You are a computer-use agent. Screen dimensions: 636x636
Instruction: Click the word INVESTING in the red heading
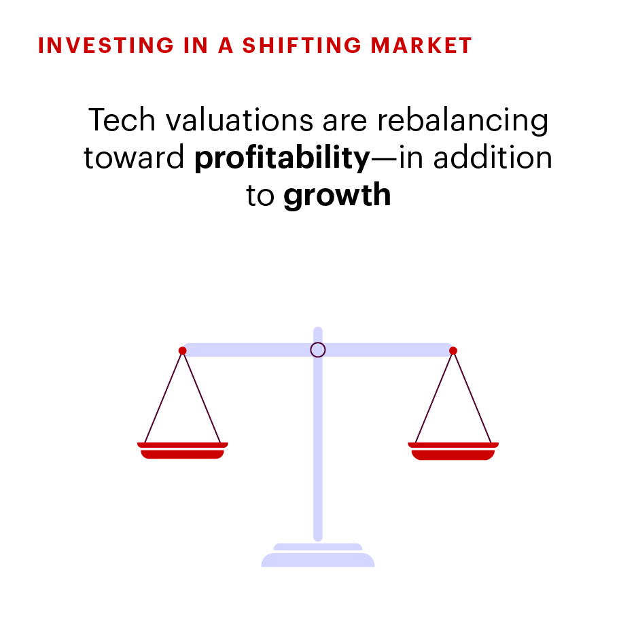pyautogui.click(x=106, y=46)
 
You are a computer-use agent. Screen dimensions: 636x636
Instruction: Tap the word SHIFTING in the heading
pyautogui.click(x=302, y=46)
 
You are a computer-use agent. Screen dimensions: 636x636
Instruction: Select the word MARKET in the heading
pyautogui.click(x=421, y=46)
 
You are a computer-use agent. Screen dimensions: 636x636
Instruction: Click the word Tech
pyautogui.click(x=122, y=120)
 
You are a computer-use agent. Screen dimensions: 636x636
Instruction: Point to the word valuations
pyautogui.click(x=239, y=120)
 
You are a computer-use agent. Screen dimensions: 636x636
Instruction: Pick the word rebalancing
pyautogui.click(x=463, y=120)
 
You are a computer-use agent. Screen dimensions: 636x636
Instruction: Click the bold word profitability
pyautogui.click(x=282, y=158)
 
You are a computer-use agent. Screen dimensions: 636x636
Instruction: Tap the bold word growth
pyautogui.click(x=337, y=196)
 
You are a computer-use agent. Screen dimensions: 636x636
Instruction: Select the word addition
pyautogui.click(x=493, y=157)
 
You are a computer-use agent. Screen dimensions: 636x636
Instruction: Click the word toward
pyautogui.click(x=134, y=157)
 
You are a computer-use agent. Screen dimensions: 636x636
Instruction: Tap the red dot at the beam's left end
pyautogui.click(x=183, y=351)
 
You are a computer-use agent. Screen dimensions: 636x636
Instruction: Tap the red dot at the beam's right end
pyautogui.click(x=453, y=351)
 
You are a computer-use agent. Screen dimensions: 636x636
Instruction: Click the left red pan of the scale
pyautogui.click(x=183, y=450)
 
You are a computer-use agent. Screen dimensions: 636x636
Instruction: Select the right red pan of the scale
pyautogui.click(x=453, y=451)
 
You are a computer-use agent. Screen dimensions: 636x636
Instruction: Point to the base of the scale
pyautogui.click(x=318, y=555)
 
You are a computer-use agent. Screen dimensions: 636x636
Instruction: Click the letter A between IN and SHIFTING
pyautogui.click(x=226, y=46)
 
